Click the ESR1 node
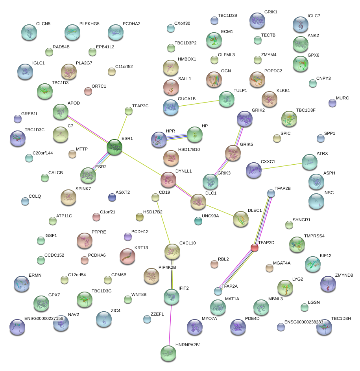114,147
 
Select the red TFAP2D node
255,248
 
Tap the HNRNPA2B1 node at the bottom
168,353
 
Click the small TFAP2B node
271,193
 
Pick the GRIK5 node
233,153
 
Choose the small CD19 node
155,197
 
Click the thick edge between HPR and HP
177,136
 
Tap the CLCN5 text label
43,24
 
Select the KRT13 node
127,256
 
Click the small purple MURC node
332,103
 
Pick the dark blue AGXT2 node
112,197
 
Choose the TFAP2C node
129,111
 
